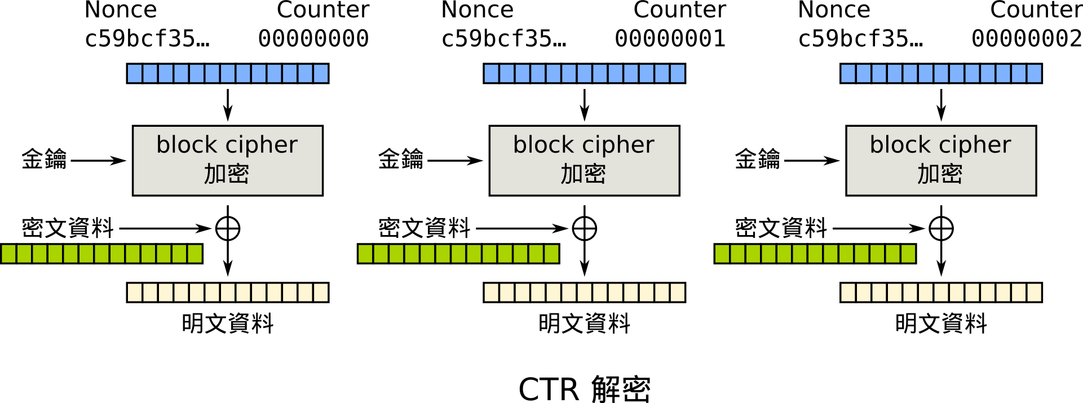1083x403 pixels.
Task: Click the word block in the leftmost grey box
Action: pos(186,145)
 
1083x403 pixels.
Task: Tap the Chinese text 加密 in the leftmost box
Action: pos(227,174)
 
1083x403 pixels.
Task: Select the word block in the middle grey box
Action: pos(543,145)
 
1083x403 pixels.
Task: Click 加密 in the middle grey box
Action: pos(584,174)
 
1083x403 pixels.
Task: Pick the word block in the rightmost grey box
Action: pos(900,145)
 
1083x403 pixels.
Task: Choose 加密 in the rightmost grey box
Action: pos(940,174)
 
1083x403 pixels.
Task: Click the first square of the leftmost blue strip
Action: pos(135,73)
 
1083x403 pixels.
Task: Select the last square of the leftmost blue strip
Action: pos(321,73)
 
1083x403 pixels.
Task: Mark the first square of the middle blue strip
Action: pos(492,73)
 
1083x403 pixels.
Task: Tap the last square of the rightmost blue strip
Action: pos(1034,73)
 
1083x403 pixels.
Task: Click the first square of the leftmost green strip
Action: pos(9,254)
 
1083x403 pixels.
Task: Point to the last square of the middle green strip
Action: pos(551,254)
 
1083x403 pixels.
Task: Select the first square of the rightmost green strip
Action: pos(722,254)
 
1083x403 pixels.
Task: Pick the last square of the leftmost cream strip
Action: pos(321,293)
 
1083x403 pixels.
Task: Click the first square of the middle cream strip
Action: pos(492,293)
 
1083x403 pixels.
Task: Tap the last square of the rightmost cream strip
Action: pos(1034,293)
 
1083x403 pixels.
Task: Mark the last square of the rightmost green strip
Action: pos(908,254)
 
